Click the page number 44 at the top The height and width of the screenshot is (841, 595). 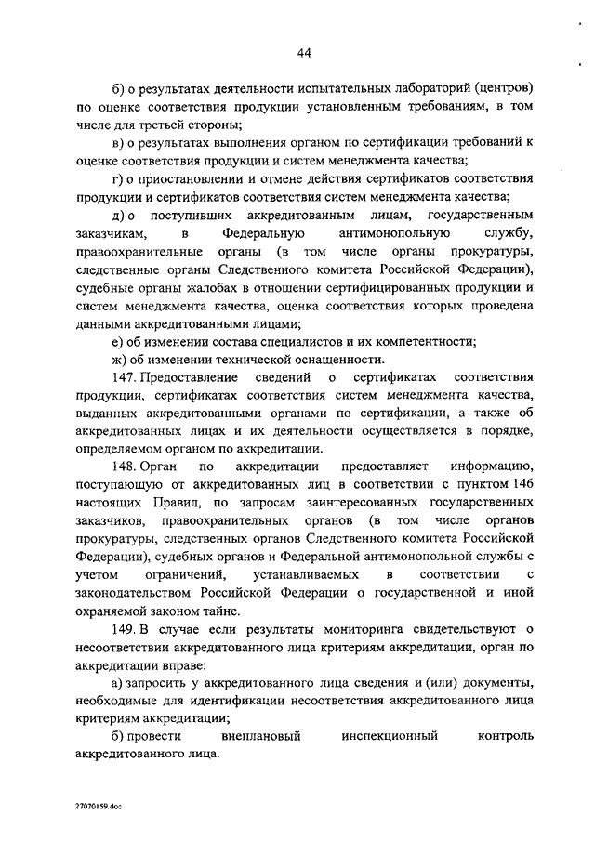pos(304,53)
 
